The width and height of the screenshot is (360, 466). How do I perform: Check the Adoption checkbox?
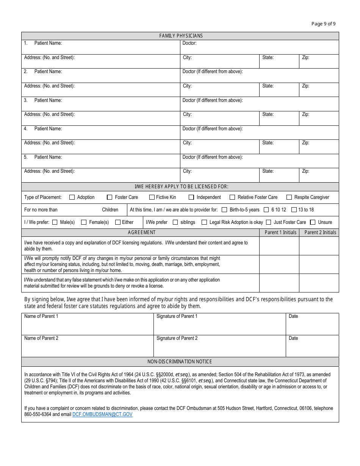(72, 197)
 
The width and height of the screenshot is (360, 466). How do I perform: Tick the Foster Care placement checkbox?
(110, 197)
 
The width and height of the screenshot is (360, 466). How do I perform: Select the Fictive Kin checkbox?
(152, 197)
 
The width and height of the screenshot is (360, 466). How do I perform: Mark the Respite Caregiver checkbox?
(289, 197)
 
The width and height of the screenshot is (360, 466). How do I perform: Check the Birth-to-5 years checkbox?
(224, 210)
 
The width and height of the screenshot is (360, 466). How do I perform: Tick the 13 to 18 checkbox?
(294, 210)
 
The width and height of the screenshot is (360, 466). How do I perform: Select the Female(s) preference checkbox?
(84, 222)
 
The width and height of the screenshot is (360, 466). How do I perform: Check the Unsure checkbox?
(313, 222)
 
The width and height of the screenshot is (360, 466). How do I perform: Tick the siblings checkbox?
(175, 222)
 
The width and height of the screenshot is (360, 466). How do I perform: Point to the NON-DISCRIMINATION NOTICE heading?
(180, 362)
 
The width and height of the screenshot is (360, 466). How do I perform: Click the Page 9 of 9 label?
(323, 24)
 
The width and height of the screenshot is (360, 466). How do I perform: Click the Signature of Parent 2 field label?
(177, 338)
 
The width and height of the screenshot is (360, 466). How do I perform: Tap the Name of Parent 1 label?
(41, 316)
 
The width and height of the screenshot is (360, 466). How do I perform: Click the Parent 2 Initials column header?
(320, 233)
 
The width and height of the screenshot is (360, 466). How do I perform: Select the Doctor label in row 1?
(189, 43)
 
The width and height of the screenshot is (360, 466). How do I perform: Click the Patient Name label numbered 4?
(48, 129)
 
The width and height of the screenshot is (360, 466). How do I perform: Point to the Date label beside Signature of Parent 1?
(293, 316)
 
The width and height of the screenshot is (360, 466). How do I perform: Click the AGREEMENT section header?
(141, 233)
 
